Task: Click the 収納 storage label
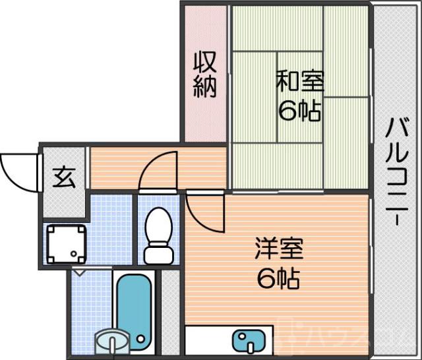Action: pyautogui.click(x=204, y=74)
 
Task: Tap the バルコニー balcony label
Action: pyautogui.click(x=396, y=171)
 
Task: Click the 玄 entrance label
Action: pyautogui.click(x=63, y=178)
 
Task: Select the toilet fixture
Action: pyautogui.click(x=158, y=234)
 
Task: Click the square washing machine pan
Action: pyautogui.click(x=65, y=242)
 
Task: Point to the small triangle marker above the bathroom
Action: pyautogui.click(x=80, y=272)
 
